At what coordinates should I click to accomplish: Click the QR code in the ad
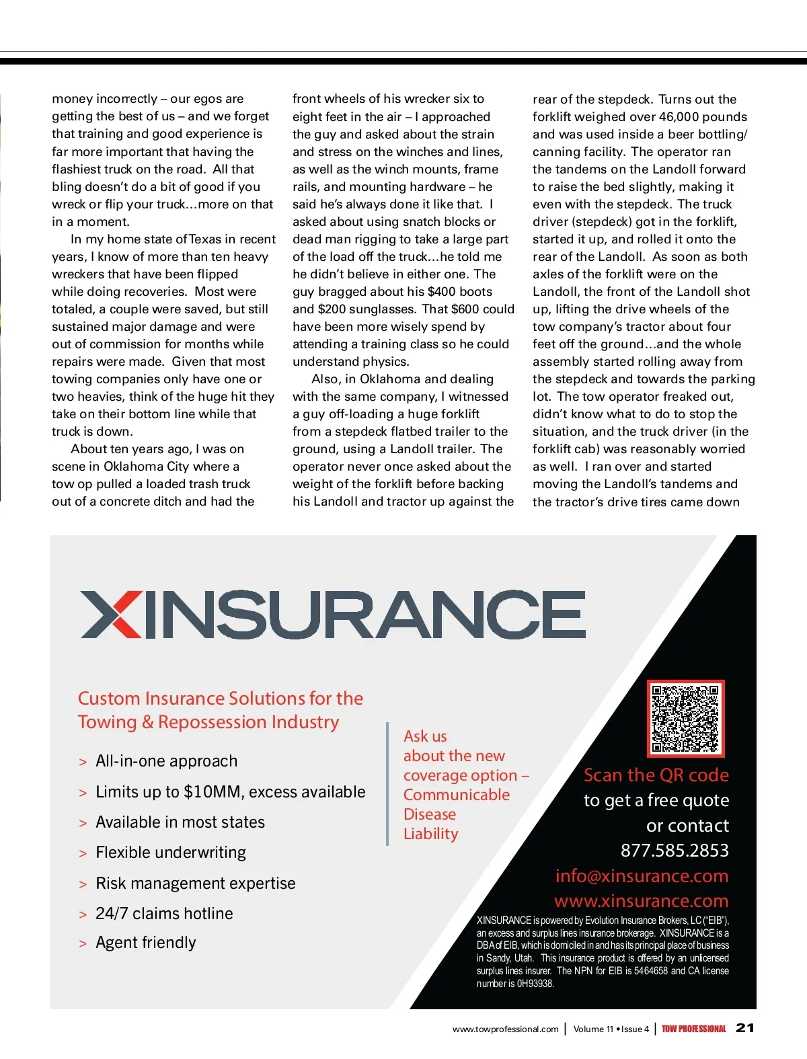click(685, 718)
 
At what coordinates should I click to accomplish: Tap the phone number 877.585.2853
click(675, 851)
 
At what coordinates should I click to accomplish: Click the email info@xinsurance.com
click(642, 875)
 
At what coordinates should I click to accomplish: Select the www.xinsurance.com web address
click(641, 901)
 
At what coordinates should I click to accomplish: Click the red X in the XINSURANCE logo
click(112, 614)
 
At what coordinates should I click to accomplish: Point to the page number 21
click(745, 1027)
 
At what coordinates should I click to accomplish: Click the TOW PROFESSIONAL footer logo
click(693, 1029)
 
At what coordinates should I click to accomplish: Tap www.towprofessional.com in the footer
click(505, 1029)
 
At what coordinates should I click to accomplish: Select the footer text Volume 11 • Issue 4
click(611, 1029)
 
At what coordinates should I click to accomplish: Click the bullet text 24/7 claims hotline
click(164, 913)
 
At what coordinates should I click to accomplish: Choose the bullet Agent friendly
click(145, 943)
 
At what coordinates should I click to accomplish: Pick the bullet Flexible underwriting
click(171, 853)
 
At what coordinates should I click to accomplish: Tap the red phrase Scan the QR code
click(656, 775)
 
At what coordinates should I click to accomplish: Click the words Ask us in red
click(425, 736)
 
